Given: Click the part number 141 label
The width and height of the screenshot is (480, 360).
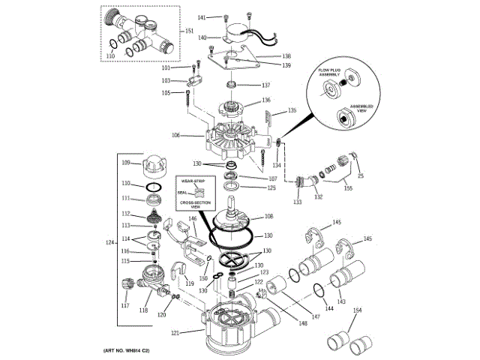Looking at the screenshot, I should [x=202, y=17].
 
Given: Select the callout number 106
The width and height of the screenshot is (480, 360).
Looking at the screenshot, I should [x=175, y=136].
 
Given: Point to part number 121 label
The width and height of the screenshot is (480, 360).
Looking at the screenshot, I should [x=175, y=332].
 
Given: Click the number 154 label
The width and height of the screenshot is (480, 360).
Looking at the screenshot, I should [x=357, y=310].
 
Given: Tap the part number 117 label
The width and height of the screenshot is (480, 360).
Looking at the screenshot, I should [x=125, y=306].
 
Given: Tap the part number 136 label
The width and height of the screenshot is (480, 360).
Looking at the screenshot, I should [x=265, y=100].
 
